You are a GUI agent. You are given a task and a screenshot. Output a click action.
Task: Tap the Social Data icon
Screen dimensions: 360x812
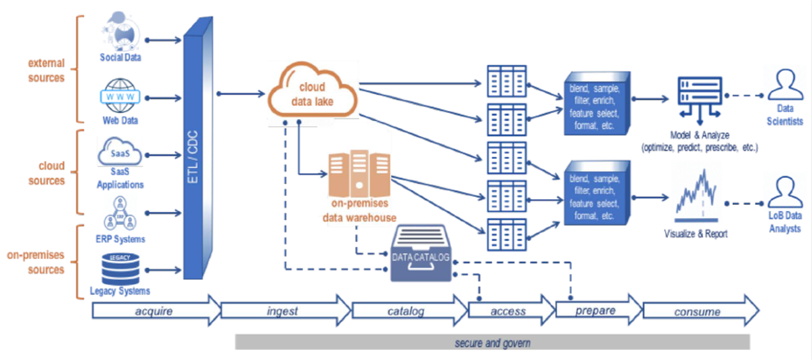pos(122,31)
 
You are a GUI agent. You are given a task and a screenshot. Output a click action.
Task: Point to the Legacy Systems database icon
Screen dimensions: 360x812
pos(120,268)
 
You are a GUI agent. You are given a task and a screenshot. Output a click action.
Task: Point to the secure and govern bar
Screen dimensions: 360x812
pos(492,342)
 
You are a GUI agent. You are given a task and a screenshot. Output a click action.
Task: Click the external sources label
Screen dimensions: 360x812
pos(46,70)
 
